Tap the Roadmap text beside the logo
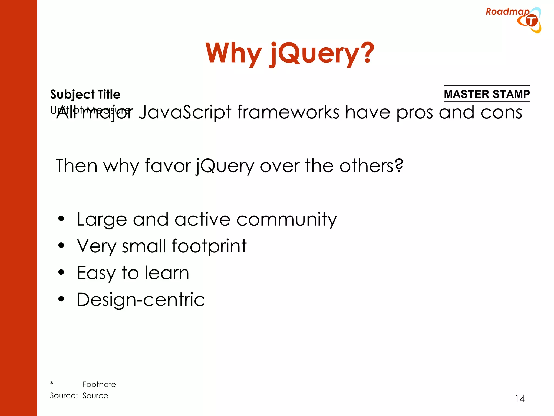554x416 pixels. (507, 12)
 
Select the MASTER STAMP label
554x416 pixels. (487, 94)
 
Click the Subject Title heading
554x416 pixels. (85, 94)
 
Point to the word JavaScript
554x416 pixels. (185, 112)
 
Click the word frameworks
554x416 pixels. (288, 112)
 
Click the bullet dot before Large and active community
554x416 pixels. (61, 219)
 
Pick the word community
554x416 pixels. (286, 219)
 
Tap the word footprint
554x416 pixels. (209, 246)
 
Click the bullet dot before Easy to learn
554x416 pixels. (61, 272)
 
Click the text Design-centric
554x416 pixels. (141, 300)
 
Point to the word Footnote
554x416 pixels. (99, 384)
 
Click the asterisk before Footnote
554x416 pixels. (52, 383)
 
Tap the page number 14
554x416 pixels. (520, 399)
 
